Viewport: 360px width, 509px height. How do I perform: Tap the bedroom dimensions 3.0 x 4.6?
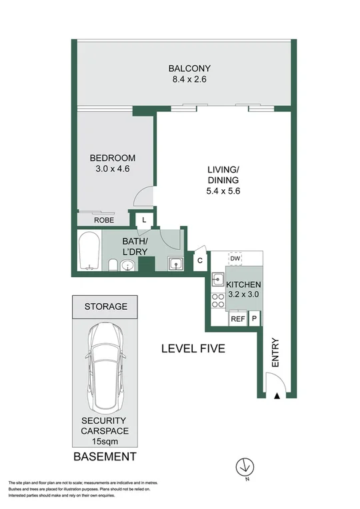click(x=113, y=169)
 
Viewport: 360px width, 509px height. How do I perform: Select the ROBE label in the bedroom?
click(x=103, y=220)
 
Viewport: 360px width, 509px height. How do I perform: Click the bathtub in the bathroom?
click(x=89, y=251)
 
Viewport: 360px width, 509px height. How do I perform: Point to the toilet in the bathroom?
click(x=113, y=266)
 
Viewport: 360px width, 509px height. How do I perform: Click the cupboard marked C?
click(x=199, y=260)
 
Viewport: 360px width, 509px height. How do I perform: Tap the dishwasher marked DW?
click(x=235, y=258)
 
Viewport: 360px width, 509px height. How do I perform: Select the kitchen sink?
click(x=218, y=280)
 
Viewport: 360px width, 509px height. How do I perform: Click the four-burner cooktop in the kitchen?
click(x=218, y=300)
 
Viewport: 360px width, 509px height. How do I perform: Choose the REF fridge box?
click(x=238, y=319)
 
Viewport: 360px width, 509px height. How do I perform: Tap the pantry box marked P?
click(x=255, y=319)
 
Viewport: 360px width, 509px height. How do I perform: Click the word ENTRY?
click(x=275, y=353)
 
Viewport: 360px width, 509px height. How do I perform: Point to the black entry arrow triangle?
click(x=276, y=397)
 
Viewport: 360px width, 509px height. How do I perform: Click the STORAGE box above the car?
click(x=105, y=306)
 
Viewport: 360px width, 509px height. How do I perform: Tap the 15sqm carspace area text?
click(x=105, y=441)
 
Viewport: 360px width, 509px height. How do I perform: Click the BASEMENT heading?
click(x=105, y=457)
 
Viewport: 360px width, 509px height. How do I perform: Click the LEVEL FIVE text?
click(x=193, y=348)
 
